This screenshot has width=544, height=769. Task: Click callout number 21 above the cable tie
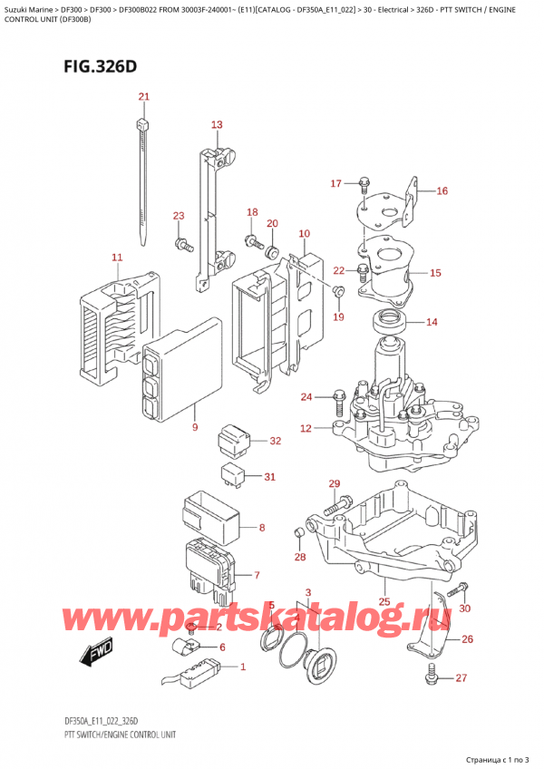pyautogui.click(x=143, y=97)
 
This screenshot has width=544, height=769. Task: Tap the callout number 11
pyautogui.click(x=116, y=258)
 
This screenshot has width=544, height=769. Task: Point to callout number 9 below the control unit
pyautogui.click(x=194, y=426)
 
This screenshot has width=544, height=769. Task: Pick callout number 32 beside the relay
pyautogui.click(x=276, y=442)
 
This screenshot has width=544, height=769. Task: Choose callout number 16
pyautogui.click(x=442, y=191)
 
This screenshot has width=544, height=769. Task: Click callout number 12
pyautogui.click(x=306, y=428)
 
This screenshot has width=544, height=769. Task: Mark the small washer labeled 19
pyautogui.click(x=336, y=291)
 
